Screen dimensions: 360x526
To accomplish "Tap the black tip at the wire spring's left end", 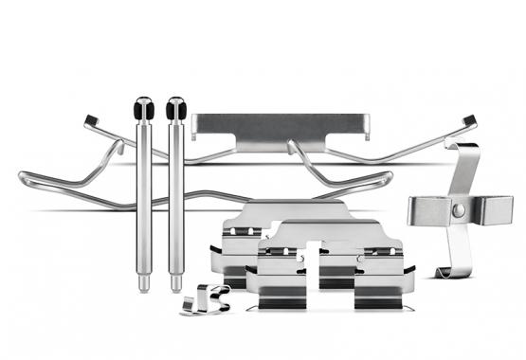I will [x=91, y=119].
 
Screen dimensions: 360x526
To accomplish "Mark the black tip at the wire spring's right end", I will [x=467, y=119].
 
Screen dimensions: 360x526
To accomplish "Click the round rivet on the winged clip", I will [x=458, y=208].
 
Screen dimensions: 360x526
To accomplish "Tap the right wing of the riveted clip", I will [x=496, y=208].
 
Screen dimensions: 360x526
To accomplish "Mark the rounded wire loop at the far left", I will [x=24, y=177].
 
